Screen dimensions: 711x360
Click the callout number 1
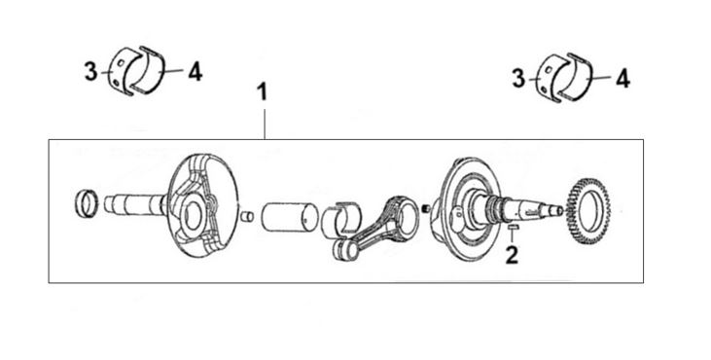[262, 92]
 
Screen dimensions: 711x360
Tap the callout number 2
[512, 255]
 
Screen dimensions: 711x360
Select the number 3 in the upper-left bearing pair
[90, 72]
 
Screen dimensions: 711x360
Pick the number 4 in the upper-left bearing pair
[195, 72]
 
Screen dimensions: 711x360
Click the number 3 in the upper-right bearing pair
[518, 79]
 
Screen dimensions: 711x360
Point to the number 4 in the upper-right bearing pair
[622, 79]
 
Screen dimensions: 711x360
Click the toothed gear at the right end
[588, 211]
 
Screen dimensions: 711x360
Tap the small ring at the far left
[86, 203]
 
